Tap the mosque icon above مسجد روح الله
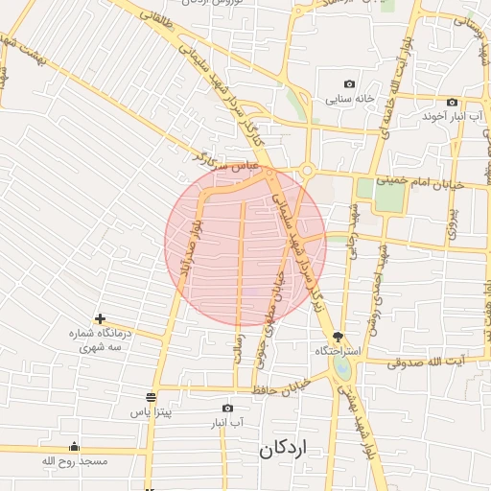(x=75, y=446)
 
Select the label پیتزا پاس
(x=151, y=412)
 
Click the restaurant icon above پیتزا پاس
(x=151, y=397)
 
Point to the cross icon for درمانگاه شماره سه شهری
(x=100, y=318)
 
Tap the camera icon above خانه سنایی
(x=349, y=84)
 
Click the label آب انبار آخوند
(x=448, y=115)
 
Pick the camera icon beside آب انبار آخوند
(x=452, y=102)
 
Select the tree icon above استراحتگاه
(x=338, y=337)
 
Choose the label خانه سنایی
(x=349, y=98)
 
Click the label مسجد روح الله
(x=75, y=461)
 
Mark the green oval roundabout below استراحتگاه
(x=343, y=368)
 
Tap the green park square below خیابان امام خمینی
(x=388, y=195)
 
